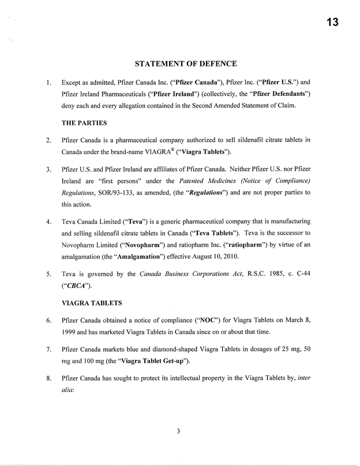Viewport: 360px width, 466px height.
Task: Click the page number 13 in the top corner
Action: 330,23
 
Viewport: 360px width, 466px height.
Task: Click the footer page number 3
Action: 179,428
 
